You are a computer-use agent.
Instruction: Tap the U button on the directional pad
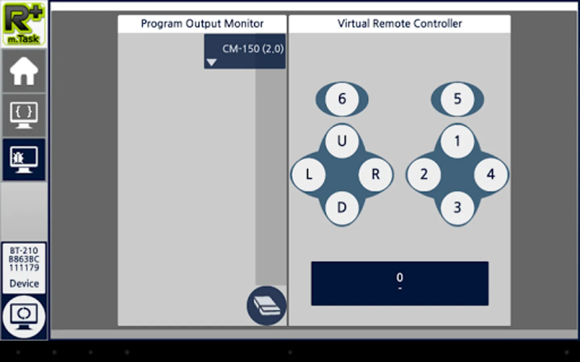(x=342, y=141)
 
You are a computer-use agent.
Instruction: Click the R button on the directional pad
(x=375, y=174)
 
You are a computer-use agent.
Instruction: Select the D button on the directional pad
(x=342, y=208)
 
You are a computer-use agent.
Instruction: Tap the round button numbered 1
(x=457, y=141)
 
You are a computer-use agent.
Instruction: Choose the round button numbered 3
(x=457, y=208)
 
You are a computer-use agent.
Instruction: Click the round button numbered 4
(x=491, y=174)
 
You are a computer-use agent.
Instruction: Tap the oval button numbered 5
(x=457, y=99)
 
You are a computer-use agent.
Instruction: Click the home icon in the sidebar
(x=24, y=71)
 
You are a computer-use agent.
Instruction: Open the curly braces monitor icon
(x=24, y=115)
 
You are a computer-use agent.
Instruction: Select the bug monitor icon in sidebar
(x=24, y=160)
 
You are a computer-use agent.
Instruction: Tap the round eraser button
(x=267, y=306)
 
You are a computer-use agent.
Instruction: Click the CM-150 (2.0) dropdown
(x=245, y=51)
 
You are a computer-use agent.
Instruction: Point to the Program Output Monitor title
(x=202, y=24)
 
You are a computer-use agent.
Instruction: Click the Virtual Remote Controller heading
(x=400, y=24)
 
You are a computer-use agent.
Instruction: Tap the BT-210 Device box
(x=24, y=268)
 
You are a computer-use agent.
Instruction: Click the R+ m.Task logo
(x=24, y=24)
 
